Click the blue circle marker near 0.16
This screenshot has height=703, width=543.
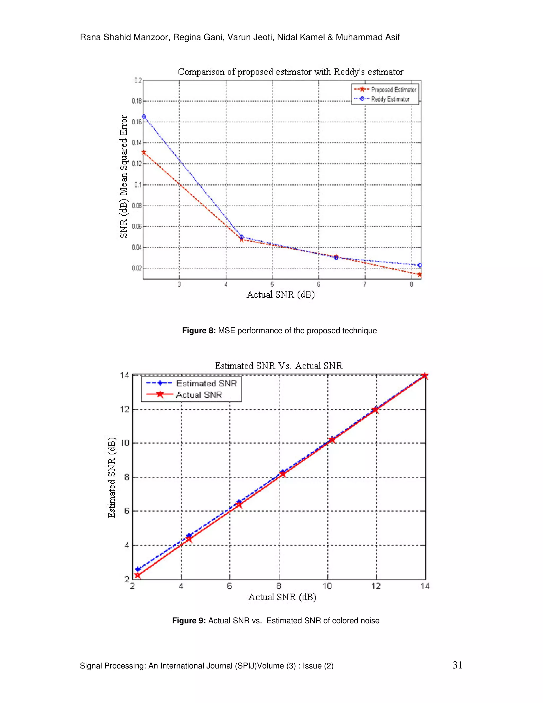coord(144,117)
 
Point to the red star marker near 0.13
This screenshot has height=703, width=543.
coord(144,152)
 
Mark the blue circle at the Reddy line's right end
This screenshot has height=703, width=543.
coord(420,265)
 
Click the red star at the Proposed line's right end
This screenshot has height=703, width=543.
coord(419,275)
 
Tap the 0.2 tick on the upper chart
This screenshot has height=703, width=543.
coord(138,80)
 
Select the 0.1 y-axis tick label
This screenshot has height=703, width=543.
coord(138,185)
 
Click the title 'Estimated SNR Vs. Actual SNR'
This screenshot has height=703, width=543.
coord(279,366)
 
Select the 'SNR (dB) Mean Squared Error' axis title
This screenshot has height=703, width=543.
coord(124,177)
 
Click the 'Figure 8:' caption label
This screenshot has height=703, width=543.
coord(199,331)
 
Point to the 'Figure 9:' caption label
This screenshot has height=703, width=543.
coord(189,620)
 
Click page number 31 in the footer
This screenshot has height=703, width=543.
coord(457,665)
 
